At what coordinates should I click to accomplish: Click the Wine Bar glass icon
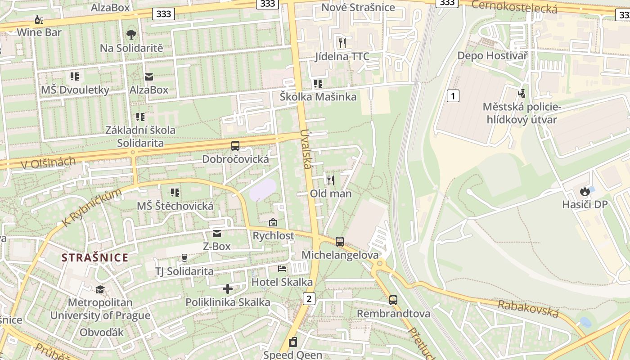(39, 19)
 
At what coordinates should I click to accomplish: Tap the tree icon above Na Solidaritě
(131, 35)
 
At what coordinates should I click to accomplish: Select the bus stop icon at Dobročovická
(235, 146)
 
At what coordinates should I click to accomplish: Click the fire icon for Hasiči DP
(585, 191)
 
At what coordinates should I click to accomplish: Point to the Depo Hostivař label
(492, 55)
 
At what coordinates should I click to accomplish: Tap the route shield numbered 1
(453, 95)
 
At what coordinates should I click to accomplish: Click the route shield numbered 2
(309, 298)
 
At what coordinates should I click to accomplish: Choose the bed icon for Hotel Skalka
(282, 269)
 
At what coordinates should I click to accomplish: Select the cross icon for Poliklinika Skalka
(228, 288)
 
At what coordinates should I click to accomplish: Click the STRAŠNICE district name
(95, 258)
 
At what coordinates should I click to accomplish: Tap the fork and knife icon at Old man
(331, 180)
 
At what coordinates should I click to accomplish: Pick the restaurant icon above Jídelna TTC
(342, 43)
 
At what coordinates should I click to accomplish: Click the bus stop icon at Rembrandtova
(393, 300)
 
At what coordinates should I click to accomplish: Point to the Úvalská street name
(306, 149)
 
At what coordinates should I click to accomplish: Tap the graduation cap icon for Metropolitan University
(100, 289)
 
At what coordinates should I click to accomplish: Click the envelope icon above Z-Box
(217, 233)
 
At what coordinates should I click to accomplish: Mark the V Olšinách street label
(48, 162)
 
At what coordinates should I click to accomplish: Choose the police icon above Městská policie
(522, 94)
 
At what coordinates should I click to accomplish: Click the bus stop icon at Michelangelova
(340, 242)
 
